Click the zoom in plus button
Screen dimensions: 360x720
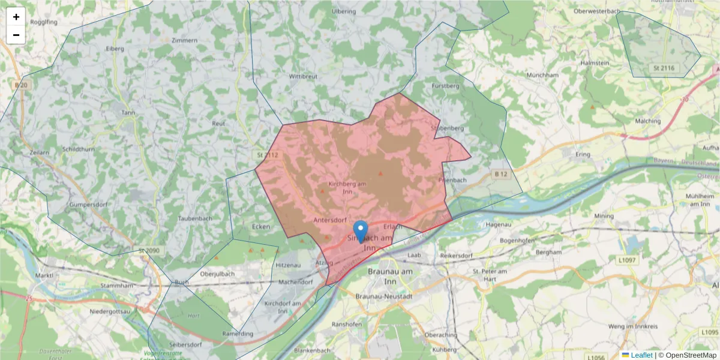16,17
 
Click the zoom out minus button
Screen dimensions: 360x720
16,35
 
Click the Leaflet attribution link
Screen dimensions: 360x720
641,355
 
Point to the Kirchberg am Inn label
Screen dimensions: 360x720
347,187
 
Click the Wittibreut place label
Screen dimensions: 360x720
303,77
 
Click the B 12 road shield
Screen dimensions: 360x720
502,174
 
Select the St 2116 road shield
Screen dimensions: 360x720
662,68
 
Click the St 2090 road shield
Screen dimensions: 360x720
150,250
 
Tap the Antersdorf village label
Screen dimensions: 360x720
330,220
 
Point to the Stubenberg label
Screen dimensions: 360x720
448,128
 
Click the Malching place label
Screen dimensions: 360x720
647,121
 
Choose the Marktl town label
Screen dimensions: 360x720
44,275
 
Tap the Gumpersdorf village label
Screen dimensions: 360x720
70,205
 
